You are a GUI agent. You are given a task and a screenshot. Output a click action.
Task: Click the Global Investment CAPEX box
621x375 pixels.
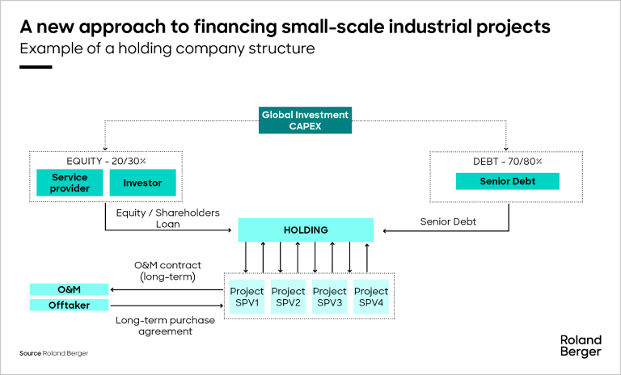305,120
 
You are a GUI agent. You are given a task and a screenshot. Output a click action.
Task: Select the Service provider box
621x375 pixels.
70,183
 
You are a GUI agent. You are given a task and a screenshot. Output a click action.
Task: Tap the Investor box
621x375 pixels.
142,183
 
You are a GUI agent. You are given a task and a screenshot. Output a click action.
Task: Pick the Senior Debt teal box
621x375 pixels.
506,182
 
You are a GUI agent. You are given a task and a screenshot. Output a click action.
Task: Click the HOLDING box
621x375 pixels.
306,230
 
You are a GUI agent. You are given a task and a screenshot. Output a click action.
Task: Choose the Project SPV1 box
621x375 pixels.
247,297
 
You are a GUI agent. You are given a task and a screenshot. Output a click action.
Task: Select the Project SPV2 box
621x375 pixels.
288,297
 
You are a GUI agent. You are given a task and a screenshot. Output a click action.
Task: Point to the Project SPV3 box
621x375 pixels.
329,297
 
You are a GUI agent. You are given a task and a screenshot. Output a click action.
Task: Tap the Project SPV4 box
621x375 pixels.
371,297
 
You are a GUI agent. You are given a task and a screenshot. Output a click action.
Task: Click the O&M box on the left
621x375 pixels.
70,289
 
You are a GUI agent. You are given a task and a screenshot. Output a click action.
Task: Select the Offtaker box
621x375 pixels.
70,305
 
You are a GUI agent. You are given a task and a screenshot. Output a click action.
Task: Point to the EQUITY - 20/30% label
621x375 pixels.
106,160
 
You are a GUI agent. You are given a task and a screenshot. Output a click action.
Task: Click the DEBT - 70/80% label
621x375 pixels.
506,161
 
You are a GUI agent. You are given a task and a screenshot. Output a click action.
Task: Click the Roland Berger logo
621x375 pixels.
581,345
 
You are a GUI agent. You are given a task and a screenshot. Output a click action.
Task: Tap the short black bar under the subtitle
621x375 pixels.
36,66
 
